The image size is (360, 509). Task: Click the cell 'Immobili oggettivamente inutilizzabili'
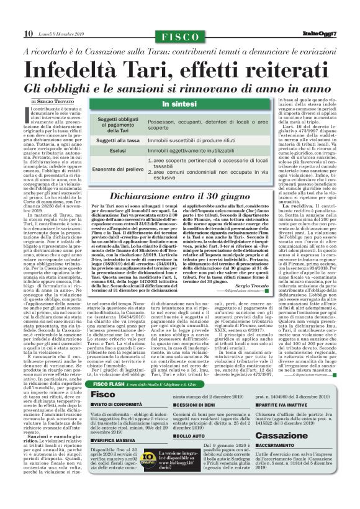click(x=194, y=151)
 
